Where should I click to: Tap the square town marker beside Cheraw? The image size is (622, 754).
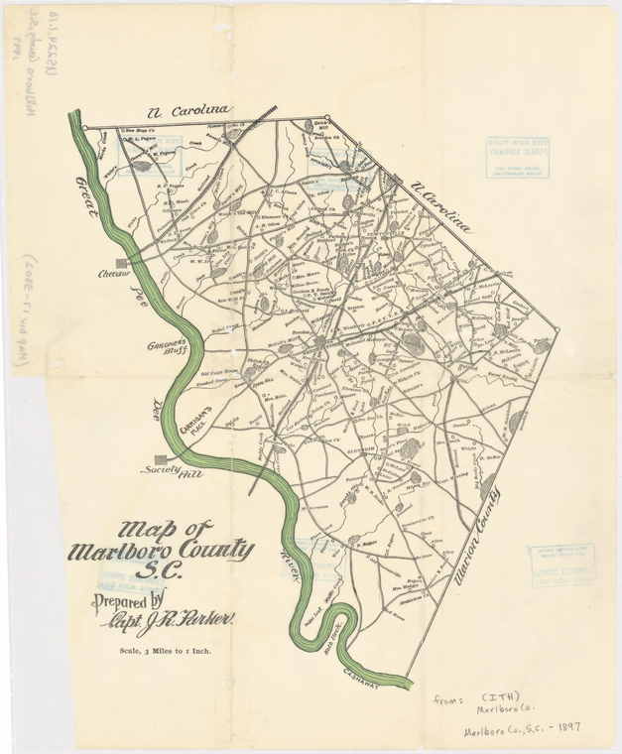pos(122,263)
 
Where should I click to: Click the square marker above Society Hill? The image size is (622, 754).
pos(161,458)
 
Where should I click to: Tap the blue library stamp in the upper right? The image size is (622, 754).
pos(517,157)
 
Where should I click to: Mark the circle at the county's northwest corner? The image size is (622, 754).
pos(85,128)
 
